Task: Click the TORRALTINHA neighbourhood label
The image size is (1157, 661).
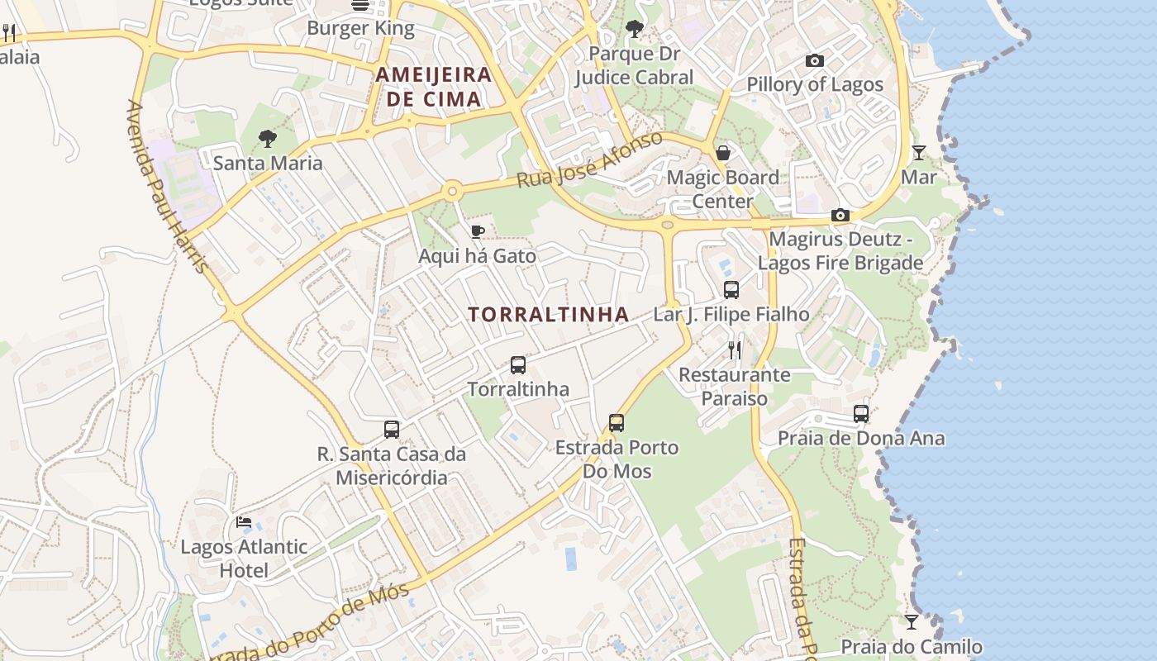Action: click(x=549, y=315)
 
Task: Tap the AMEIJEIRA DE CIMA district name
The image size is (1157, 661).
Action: click(x=433, y=87)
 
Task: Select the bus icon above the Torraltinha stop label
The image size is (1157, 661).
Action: click(x=518, y=365)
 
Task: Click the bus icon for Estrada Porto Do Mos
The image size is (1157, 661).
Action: click(x=617, y=423)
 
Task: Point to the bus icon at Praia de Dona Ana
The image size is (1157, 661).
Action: click(x=861, y=414)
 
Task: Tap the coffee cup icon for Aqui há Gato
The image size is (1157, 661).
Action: click(x=477, y=231)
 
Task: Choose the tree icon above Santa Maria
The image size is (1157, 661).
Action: click(x=267, y=139)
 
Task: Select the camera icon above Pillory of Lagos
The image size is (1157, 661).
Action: click(x=814, y=60)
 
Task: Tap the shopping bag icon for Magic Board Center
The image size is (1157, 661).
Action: click(x=723, y=153)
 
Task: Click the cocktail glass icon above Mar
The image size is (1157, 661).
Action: click(x=918, y=153)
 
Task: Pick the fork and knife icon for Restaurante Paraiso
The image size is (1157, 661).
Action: click(x=735, y=350)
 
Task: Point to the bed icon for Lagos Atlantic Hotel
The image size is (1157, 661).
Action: click(x=244, y=522)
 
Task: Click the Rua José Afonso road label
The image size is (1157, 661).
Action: click(x=590, y=159)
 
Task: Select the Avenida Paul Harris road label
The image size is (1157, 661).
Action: click(x=167, y=187)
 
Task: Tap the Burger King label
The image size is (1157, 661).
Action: click(x=360, y=28)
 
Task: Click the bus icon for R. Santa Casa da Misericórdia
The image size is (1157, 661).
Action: click(x=392, y=430)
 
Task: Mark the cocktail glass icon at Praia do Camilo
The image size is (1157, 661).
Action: click(x=912, y=622)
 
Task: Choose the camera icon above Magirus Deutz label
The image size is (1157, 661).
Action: click(x=840, y=216)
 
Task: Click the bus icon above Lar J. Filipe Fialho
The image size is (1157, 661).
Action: click(x=731, y=290)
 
